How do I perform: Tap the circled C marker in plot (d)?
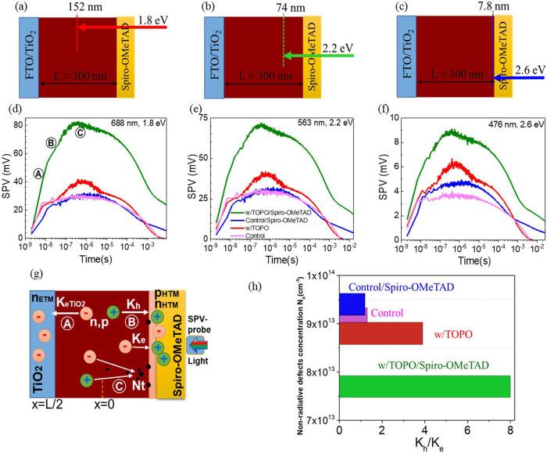[x=79, y=133]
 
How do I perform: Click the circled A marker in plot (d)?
[x=38, y=173]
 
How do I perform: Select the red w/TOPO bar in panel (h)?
[x=381, y=333]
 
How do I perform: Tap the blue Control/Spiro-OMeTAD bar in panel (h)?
[x=352, y=304]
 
